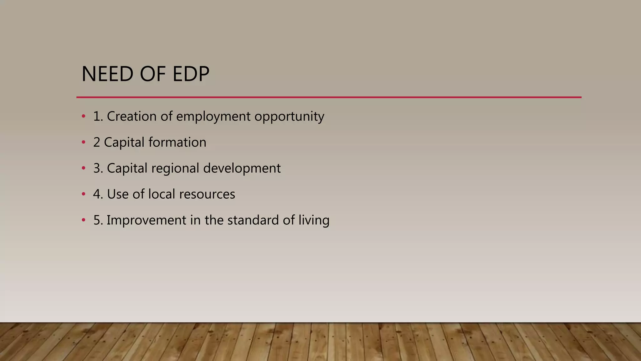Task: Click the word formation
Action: pos(177,142)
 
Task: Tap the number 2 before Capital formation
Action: pos(96,142)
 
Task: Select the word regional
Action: pos(175,169)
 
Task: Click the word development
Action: pos(242,169)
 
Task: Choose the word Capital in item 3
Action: pos(127,169)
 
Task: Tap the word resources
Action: pos(207,194)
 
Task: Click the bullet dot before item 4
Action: pos(83,194)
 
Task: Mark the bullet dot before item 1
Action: pos(83,117)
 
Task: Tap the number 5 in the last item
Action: pos(97,220)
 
